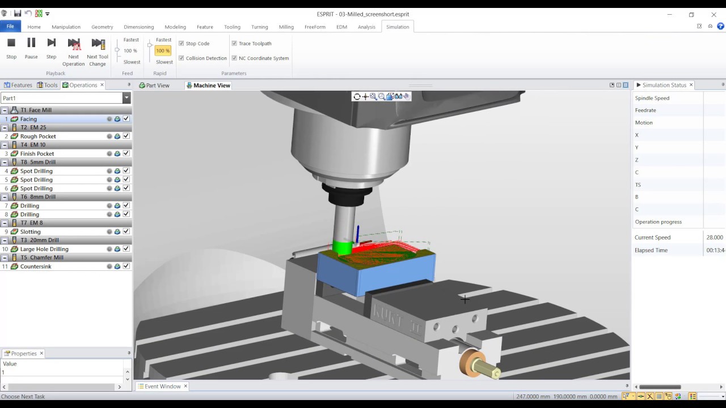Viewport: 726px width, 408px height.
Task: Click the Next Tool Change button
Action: click(98, 52)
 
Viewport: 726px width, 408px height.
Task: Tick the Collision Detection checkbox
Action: click(181, 58)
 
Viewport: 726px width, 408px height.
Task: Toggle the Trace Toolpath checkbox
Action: click(234, 43)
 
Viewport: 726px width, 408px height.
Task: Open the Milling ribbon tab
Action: click(286, 27)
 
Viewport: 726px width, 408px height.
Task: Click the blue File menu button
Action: click(10, 26)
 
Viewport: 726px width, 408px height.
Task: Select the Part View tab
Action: click(154, 86)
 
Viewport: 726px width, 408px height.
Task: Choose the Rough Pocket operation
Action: click(38, 137)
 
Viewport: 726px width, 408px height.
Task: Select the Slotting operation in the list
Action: click(30, 232)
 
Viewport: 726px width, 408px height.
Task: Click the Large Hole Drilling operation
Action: click(44, 249)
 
